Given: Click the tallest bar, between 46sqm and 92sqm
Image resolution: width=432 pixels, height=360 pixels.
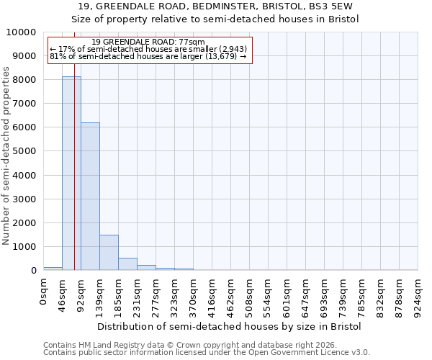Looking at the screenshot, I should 71,173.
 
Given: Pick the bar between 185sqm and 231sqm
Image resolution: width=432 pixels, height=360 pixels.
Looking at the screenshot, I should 127,264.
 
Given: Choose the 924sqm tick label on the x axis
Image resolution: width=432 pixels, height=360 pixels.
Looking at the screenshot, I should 418,295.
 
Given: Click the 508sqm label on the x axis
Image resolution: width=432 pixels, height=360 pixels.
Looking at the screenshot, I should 250,295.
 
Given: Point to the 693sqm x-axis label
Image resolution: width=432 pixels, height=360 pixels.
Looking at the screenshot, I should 325,295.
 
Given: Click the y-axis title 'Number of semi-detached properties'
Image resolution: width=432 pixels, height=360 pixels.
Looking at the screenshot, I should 7,156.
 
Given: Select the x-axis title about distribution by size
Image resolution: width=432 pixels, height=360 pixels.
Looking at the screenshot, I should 229,326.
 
